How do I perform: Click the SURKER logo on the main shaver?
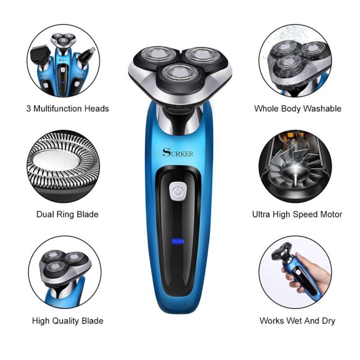(x=178, y=153)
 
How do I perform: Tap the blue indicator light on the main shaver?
(x=178, y=241)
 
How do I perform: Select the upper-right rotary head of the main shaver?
(x=202, y=55)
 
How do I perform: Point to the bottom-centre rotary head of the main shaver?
(x=180, y=73)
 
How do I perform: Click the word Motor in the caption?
(x=331, y=215)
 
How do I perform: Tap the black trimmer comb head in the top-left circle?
(x=41, y=55)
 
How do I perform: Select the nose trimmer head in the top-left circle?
(x=86, y=56)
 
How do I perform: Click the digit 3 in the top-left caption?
(x=29, y=108)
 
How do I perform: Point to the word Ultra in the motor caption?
(x=261, y=215)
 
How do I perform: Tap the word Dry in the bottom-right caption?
(x=328, y=321)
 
